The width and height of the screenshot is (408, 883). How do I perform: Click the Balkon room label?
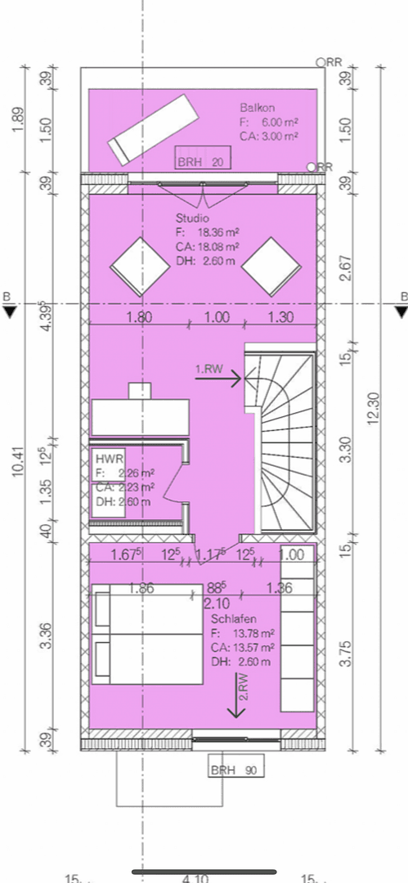point(258,108)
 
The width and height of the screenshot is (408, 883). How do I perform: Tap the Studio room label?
point(192,219)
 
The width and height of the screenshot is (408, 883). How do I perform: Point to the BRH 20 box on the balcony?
point(201,162)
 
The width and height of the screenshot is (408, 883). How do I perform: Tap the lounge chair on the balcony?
point(153,128)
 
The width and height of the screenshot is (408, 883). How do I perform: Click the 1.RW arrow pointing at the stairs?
point(217,377)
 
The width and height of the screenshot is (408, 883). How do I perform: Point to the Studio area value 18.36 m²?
point(213,232)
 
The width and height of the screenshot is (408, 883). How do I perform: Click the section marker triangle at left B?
point(9,312)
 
